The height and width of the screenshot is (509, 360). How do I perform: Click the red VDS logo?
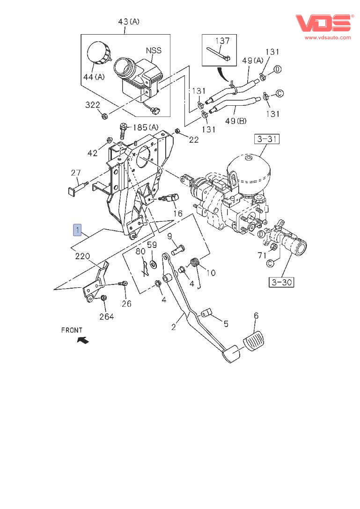[324, 23]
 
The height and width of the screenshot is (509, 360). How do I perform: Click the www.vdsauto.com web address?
[328, 37]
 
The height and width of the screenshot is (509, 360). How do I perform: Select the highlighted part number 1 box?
[77, 230]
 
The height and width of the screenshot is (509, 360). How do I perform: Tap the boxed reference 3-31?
[267, 139]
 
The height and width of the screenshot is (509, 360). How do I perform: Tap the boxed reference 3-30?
[282, 282]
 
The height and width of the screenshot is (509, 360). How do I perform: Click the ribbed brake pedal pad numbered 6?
[254, 340]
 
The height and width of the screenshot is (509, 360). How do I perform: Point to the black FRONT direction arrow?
[83, 340]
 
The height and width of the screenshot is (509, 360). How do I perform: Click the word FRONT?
[72, 330]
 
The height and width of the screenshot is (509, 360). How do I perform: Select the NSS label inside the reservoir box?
[154, 51]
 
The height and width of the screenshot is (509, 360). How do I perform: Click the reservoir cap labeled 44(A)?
[99, 52]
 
